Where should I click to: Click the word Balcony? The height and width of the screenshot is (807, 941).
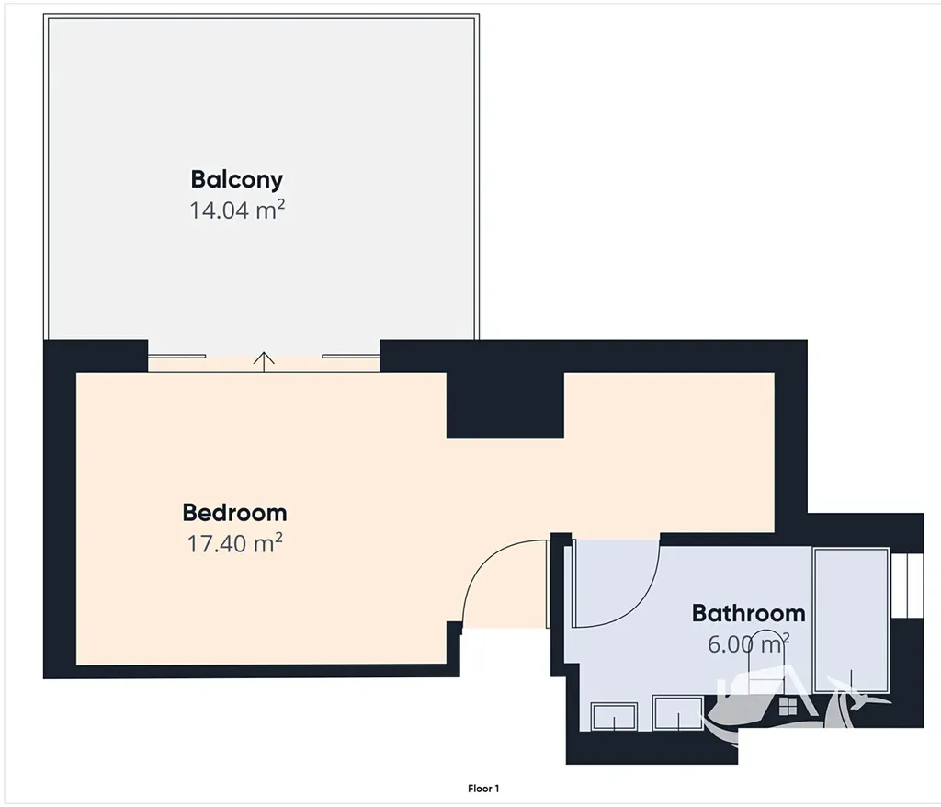tap(236, 179)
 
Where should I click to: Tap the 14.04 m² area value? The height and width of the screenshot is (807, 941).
tap(236, 210)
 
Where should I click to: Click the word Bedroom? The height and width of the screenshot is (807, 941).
tap(234, 513)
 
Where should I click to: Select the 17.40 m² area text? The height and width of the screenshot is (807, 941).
tap(234, 543)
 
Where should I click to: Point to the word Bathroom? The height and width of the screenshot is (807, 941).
tap(748, 613)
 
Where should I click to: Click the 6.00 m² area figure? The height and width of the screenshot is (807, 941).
tap(748, 643)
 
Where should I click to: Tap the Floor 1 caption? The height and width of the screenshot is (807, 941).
tap(483, 789)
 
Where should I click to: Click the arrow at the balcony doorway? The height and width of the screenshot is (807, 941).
tap(264, 361)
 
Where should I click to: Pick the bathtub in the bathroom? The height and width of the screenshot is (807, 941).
tap(851, 619)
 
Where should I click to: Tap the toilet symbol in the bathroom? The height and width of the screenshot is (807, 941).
tap(766, 661)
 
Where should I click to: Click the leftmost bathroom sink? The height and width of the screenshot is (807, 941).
tap(614, 716)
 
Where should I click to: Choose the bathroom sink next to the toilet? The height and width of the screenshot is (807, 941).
tap(678, 713)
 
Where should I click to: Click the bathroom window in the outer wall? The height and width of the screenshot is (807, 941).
tap(907, 585)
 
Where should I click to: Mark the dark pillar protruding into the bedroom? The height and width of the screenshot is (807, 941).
tap(505, 405)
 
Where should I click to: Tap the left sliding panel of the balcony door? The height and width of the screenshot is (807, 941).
tap(177, 356)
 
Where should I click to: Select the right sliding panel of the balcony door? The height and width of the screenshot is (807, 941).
tap(351, 356)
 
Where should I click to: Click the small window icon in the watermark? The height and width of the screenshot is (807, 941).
tap(788, 706)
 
